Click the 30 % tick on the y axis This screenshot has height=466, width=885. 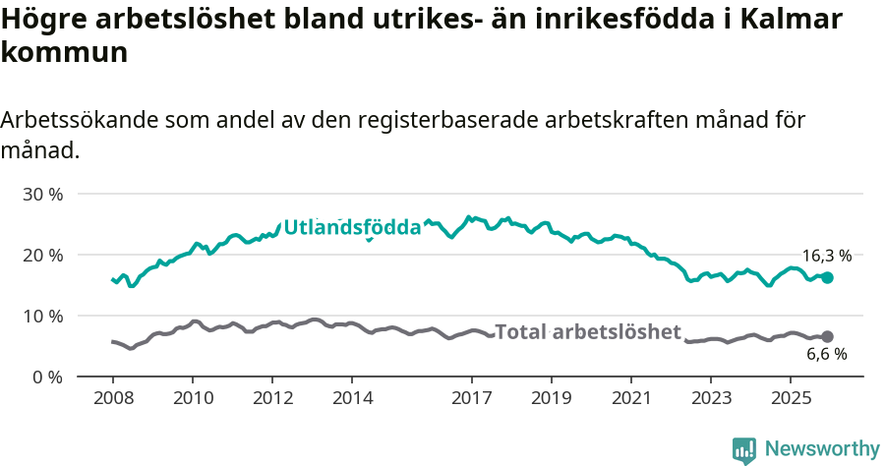[42, 194]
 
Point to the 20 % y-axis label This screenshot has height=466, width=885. [42, 255]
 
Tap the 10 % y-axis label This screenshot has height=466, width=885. [42, 316]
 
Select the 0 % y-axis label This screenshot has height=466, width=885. [46, 377]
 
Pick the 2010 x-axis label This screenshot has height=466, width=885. [192, 398]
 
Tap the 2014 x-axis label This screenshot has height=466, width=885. [352, 398]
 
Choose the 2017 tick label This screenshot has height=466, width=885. [472, 398]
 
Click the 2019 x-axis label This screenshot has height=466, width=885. [552, 398]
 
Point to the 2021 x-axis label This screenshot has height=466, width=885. [631, 398]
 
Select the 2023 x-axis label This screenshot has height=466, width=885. [711, 398]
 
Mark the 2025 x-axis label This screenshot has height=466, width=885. [791, 398]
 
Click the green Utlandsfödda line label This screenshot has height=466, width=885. [352, 228]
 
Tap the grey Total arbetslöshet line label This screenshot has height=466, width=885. [587, 332]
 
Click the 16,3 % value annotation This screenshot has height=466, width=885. [826, 256]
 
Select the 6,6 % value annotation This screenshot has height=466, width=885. [826, 355]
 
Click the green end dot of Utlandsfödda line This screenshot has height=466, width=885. [827, 278]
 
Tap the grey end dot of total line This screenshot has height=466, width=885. [827, 336]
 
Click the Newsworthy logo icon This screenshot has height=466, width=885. [744, 449]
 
